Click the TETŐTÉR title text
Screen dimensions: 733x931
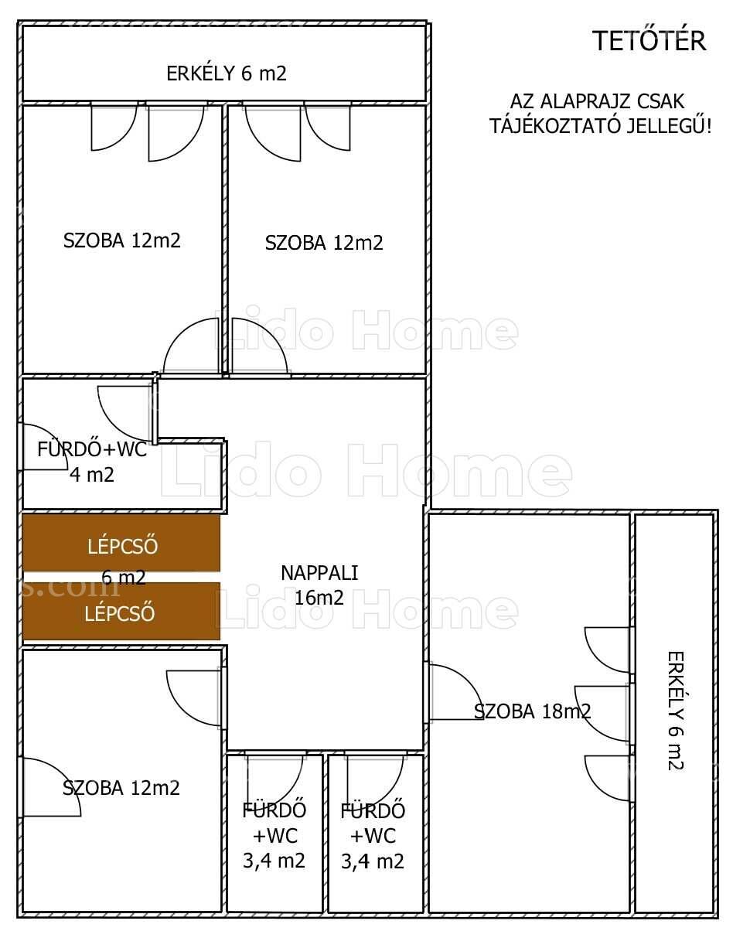point(651,41)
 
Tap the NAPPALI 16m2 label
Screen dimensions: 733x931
point(320,585)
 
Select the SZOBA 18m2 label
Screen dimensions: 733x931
point(532,711)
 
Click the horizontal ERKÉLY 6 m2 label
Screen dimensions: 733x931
point(227,73)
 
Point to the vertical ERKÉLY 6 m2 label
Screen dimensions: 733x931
point(676,711)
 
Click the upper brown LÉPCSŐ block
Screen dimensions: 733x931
point(121,543)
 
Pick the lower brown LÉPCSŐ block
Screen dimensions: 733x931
point(121,611)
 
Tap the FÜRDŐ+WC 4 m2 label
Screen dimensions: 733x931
point(92,462)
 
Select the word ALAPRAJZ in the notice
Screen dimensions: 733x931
point(578,101)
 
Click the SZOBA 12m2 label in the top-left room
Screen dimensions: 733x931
point(121,240)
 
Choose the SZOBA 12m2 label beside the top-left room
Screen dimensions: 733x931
point(324,243)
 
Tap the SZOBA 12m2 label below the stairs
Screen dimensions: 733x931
point(121,788)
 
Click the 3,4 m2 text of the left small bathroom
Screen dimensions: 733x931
point(274,861)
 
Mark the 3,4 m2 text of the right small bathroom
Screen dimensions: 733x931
point(372,861)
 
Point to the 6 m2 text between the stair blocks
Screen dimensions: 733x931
point(123,577)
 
